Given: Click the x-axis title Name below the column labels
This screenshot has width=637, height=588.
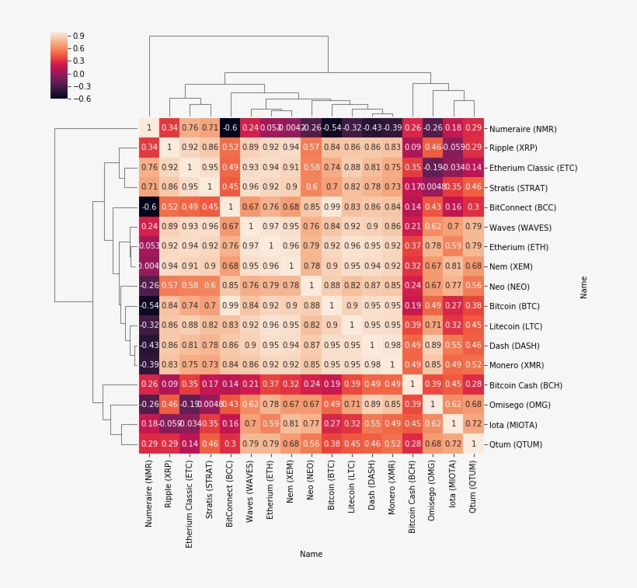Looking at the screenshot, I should click(311, 555).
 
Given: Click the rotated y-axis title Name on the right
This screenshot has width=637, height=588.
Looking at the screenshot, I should click(583, 287).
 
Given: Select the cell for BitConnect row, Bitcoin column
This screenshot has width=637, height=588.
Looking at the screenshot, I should click(330, 207).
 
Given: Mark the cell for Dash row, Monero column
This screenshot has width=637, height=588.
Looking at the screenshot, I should click(391, 346).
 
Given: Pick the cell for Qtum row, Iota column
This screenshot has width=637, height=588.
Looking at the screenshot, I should click(451, 444).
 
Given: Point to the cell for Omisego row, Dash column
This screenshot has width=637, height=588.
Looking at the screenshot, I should click(371, 405).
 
